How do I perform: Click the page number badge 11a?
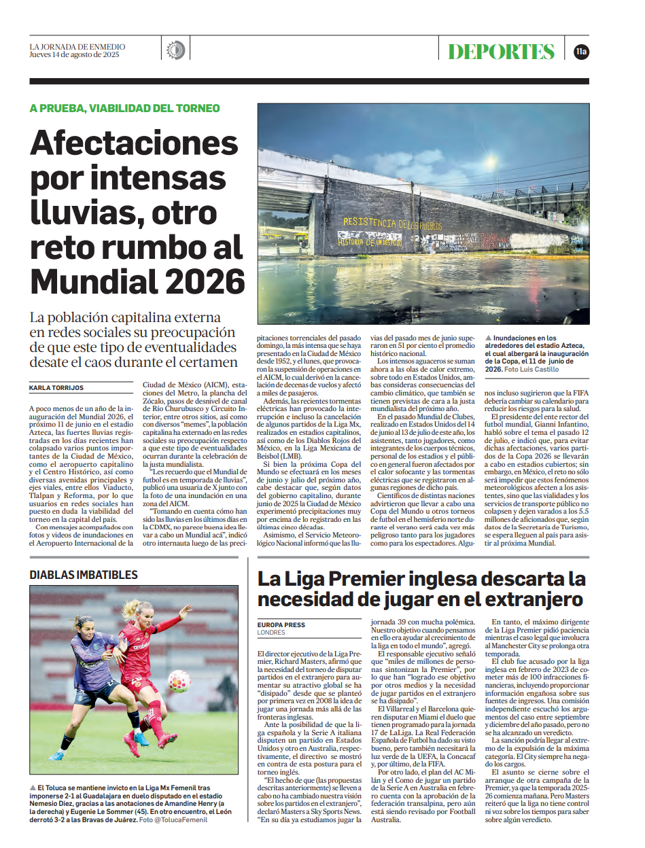tap(581, 51)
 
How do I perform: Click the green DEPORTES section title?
tap(501, 52)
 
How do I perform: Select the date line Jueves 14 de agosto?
tap(74, 55)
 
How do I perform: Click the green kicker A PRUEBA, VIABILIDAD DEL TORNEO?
tap(124, 108)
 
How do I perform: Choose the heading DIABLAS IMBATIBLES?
tap(84, 575)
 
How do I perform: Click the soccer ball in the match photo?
tap(179, 681)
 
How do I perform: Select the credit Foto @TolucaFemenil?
tap(173, 820)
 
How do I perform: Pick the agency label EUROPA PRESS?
tap(281, 624)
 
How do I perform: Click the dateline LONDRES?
tap(271, 633)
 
